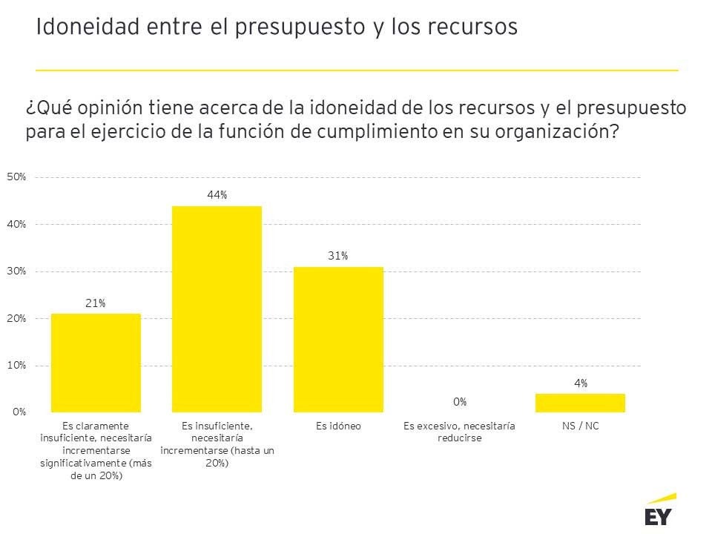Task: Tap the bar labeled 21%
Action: pos(96,363)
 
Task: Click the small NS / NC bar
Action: pos(580,403)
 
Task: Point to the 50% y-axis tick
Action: pos(16,177)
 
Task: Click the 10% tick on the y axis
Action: pos(16,365)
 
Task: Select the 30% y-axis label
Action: pos(16,271)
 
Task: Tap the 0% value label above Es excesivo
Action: pos(460,401)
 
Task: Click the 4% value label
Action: pos(581,383)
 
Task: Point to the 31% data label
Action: pos(338,256)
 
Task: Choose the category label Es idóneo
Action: pos(338,426)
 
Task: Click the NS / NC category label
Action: pos(581,426)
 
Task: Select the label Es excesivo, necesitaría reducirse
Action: pos(459,432)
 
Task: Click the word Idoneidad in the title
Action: pos(82,27)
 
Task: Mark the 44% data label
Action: pos(217,194)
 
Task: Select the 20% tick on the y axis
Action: pos(16,318)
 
